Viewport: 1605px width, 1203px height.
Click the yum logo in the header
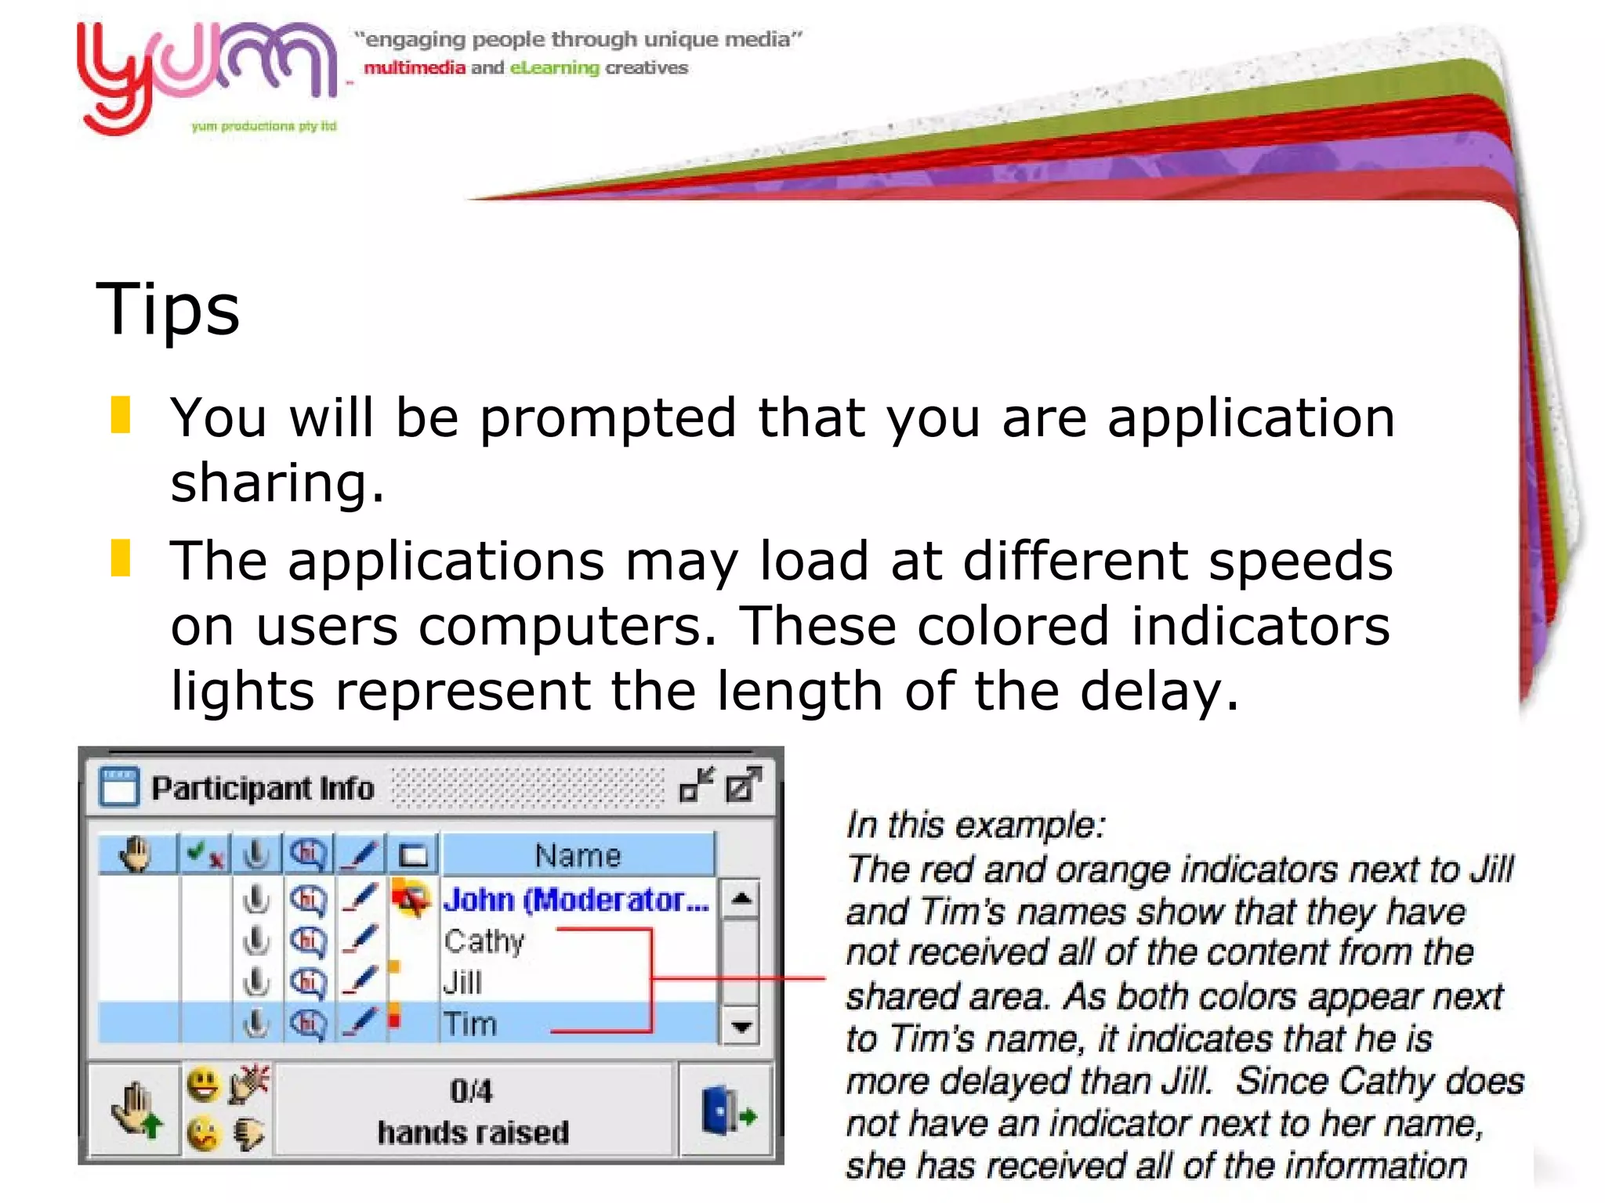tap(205, 75)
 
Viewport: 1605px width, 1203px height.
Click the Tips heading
tap(168, 309)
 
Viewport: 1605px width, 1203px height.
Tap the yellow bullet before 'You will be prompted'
tap(121, 414)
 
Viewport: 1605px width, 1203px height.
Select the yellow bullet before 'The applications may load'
tap(121, 558)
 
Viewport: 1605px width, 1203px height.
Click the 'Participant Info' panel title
tap(263, 788)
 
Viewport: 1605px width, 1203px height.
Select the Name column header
tap(578, 854)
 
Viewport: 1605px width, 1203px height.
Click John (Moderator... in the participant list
tap(576, 899)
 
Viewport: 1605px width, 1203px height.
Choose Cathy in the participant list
tap(484, 941)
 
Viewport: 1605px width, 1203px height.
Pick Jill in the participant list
tap(462, 982)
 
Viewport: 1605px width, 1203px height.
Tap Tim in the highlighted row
tap(470, 1024)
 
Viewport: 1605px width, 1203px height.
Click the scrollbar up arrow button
tap(741, 898)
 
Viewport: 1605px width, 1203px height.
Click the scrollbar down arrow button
tap(741, 1025)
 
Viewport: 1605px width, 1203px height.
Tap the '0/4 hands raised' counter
tap(473, 1111)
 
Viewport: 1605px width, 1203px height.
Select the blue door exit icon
tap(726, 1111)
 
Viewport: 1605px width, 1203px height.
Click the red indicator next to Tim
tap(395, 1020)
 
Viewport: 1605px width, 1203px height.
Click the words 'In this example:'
tap(976, 825)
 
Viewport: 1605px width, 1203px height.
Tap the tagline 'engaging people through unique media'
tap(578, 39)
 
